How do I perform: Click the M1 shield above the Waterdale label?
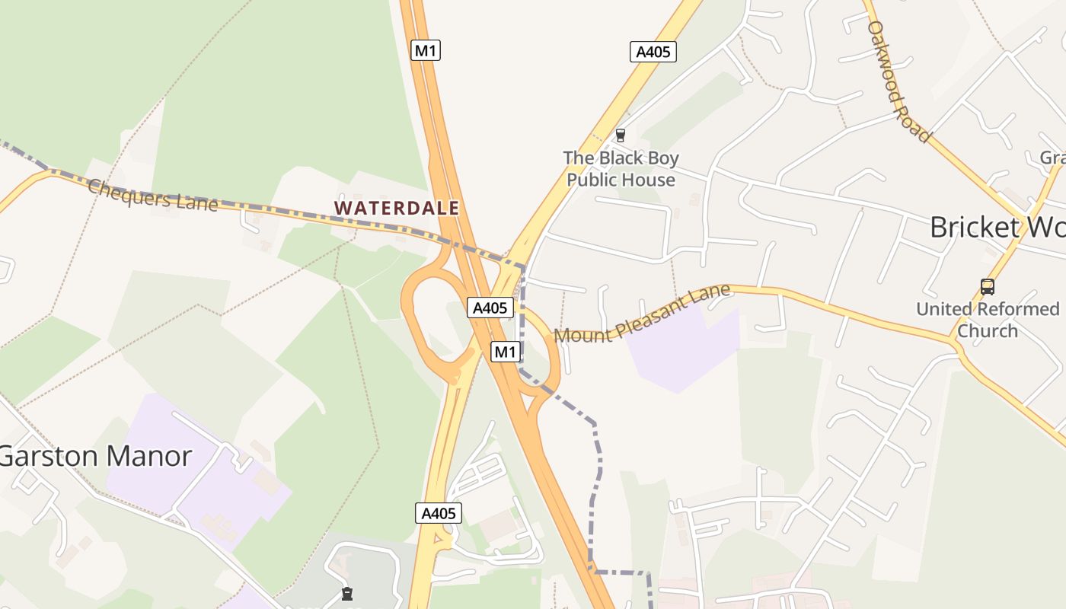coord(426,51)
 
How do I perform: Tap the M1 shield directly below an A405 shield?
coord(506,352)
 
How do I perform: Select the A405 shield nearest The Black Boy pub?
coord(653,52)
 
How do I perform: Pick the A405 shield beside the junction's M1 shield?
coord(490,308)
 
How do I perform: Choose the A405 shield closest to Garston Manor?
coord(439,513)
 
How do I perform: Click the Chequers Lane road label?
coord(152,195)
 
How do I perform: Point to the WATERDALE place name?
coord(397,208)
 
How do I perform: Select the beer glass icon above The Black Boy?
coord(621,136)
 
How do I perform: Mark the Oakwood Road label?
coord(899,81)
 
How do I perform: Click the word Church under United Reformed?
coord(988,331)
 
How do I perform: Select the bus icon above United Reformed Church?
coord(988,287)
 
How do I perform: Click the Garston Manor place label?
coord(95,456)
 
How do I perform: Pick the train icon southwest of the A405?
coord(347,593)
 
